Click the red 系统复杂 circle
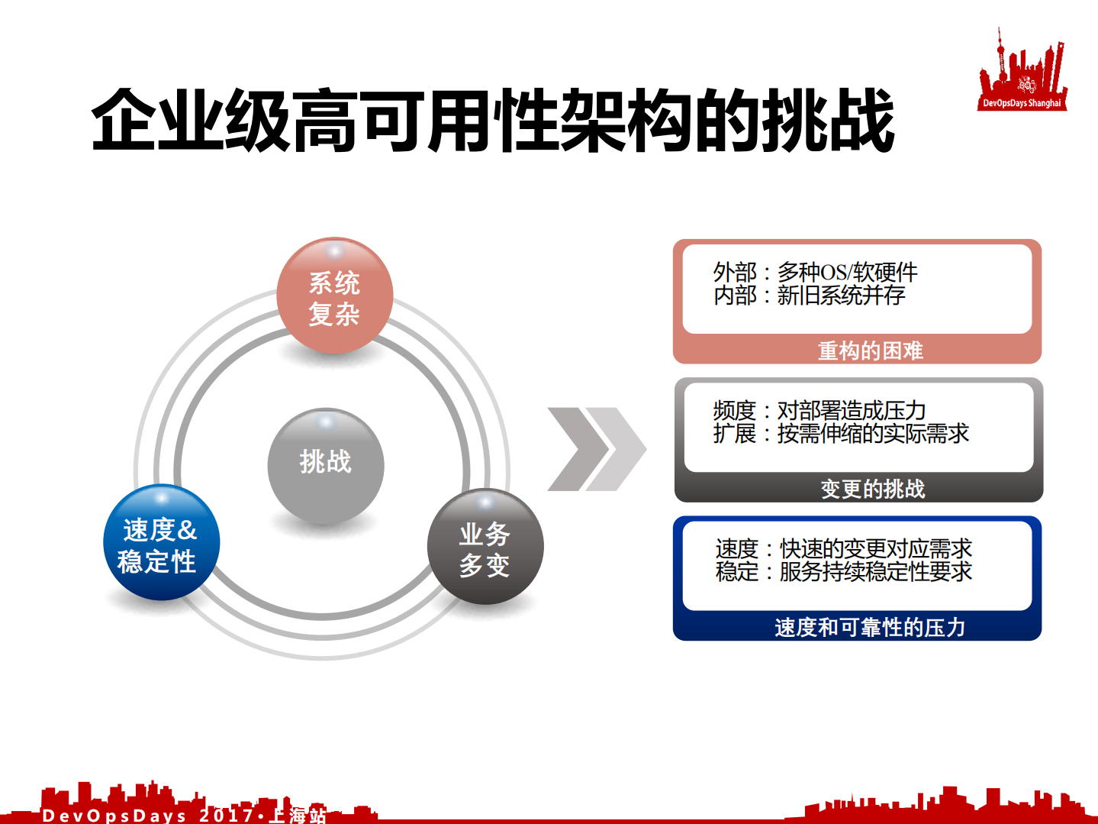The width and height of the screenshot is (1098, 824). [334, 296]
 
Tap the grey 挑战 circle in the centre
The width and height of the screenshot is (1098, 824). [326, 464]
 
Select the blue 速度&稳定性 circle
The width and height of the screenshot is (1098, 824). [161, 543]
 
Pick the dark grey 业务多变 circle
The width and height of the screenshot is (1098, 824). [485, 547]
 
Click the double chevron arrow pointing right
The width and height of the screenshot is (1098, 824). [597, 449]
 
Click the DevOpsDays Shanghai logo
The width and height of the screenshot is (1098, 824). [1022, 73]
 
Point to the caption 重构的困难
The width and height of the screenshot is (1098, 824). [870, 351]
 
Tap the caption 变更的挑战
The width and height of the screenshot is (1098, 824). [872, 489]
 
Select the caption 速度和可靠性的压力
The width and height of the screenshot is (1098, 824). [869, 627]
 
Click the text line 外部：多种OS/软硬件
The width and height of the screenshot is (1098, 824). [815, 272]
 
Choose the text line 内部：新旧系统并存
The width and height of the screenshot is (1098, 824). [809, 295]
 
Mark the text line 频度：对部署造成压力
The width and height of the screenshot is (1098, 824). [819, 410]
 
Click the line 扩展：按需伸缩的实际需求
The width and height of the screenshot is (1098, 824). [840, 434]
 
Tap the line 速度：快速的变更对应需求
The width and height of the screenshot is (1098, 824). [843, 548]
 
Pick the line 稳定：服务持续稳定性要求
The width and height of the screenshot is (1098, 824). [843, 571]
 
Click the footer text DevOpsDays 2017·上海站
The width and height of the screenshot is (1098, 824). [184, 815]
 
